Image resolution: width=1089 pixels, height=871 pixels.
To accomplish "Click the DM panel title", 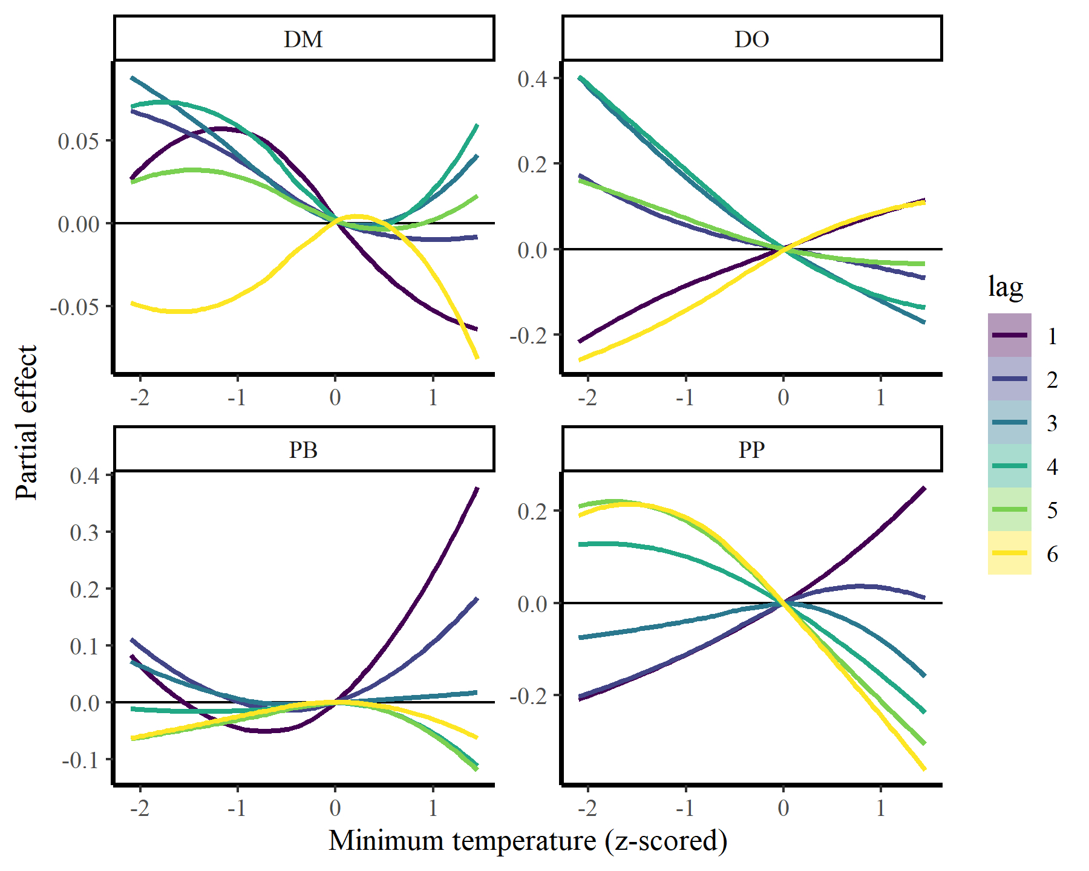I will click(x=304, y=39).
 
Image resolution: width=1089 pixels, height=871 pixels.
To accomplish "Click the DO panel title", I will click(x=751, y=39).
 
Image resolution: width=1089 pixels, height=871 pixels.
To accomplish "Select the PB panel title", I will click(x=304, y=450).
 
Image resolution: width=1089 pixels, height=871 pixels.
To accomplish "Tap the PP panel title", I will click(x=751, y=450).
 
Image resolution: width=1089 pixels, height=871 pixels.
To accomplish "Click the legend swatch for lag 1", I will click(x=1009, y=335).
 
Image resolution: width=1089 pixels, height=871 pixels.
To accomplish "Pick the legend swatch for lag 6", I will click(x=1009, y=553).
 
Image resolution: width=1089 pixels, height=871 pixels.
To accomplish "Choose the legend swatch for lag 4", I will click(x=1009, y=466).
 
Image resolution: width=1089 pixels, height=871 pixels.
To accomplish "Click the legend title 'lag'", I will click(x=1006, y=286).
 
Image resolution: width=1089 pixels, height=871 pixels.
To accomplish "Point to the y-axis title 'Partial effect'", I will click(x=27, y=422).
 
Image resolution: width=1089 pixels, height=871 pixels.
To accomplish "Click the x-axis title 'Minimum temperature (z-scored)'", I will click(x=528, y=841).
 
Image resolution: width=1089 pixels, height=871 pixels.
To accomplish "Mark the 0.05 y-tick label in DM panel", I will click(x=78, y=141).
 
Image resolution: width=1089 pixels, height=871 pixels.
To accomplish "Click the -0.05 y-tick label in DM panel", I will click(x=74, y=307).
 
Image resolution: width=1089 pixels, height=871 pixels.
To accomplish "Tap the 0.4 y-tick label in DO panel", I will click(x=532, y=79).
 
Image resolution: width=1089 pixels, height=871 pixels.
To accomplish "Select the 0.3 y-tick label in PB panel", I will click(x=84, y=532).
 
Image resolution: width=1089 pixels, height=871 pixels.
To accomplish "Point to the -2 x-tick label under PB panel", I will click(x=139, y=808).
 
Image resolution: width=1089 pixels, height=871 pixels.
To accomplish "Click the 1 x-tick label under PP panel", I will click(x=881, y=808).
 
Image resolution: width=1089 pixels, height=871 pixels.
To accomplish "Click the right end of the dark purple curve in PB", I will click(x=477, y=488).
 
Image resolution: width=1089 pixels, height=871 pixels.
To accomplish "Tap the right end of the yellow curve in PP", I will click(x=924, y=769).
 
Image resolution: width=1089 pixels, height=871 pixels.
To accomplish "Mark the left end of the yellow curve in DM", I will click(x=132, y=303).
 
